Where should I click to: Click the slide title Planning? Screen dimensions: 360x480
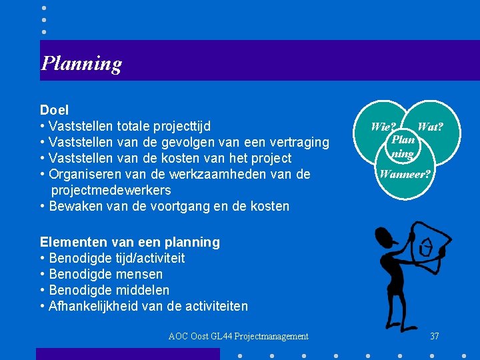pos(81,63)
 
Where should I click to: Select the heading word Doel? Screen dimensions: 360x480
pos(54,109)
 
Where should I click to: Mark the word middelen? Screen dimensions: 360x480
pos(142,290)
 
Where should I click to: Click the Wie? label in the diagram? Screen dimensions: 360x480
pos(383,126)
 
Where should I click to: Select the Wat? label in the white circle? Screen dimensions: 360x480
pos(430,126)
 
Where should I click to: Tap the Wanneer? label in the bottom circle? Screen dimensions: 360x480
pos(405,175)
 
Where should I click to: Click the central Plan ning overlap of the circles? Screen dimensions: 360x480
pos(403,146)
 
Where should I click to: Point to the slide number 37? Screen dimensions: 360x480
pos(435,336)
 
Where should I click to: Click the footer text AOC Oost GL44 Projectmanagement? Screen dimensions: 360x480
pos(239,336)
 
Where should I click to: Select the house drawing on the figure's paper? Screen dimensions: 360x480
pos(425,247)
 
